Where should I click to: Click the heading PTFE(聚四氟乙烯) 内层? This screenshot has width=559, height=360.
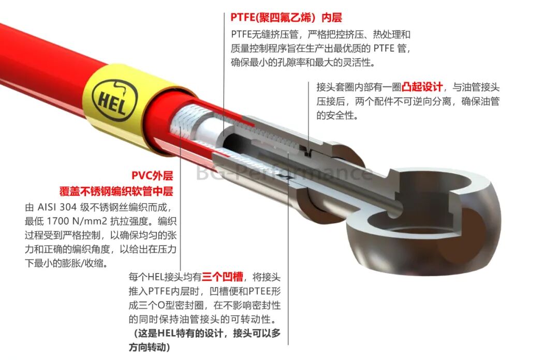[286, 17]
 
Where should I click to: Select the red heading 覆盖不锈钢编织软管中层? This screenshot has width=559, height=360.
[116, 191]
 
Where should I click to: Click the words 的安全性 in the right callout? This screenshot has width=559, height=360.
[337, 116]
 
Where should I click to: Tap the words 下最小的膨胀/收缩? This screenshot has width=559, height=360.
[66, 263]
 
